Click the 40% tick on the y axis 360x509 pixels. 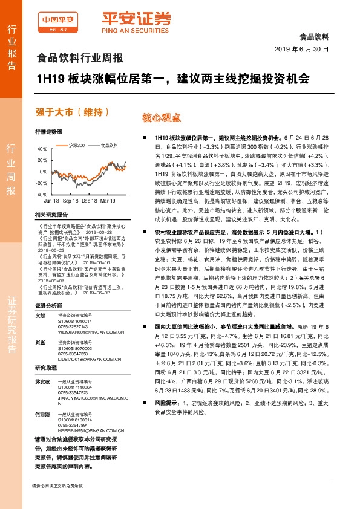42,148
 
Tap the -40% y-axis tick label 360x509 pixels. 41,195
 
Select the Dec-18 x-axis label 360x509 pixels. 90,200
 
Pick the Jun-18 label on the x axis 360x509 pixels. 51,200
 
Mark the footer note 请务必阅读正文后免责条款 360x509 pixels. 57,486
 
